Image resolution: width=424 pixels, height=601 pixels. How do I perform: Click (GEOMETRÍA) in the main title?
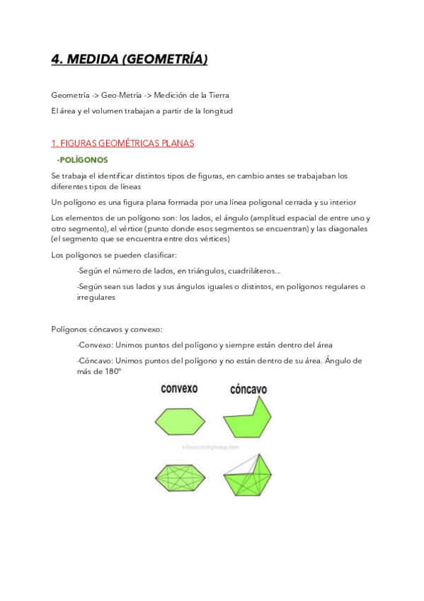point(165,60)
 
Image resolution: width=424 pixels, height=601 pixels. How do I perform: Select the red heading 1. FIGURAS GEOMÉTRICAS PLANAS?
point(122,143)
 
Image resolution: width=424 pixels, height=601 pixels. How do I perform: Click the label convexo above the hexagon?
point(179,389)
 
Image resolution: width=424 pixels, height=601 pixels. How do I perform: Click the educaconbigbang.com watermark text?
point(210,448)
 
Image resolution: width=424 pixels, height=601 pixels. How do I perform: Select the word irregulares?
point(96,298)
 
